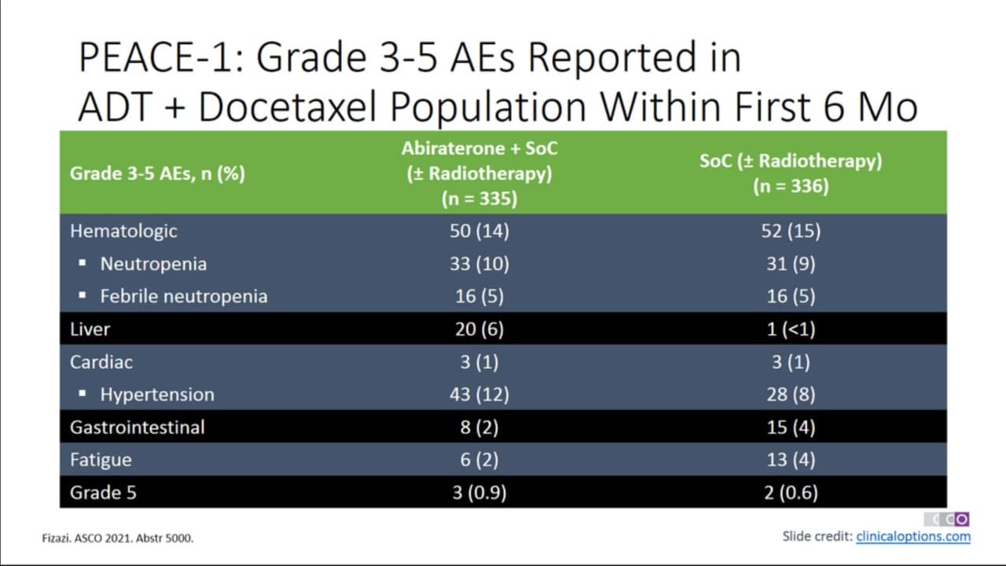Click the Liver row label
coord(90,329)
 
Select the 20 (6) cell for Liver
coord(479,329)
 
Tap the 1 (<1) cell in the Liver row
coord(791,329)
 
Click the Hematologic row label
coord(123,231)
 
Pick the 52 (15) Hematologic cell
coord(791,231)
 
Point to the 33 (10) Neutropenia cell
coord(479,263)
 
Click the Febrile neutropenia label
coord(184,296)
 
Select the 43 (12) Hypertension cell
coord(479,395)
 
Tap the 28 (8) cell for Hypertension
coord(791,395)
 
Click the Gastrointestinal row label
coord(137,427)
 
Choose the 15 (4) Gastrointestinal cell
coord(791,427)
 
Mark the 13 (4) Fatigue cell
coord(791,460)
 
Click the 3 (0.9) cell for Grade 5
coord(479,493)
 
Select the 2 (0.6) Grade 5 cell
coord(791,493)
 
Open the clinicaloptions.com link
coord(913,537)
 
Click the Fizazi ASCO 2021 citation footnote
coord(118,538)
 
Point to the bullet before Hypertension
coord(83,394)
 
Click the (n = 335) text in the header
coord(479,199)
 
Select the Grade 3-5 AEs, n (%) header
coord(157,174)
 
